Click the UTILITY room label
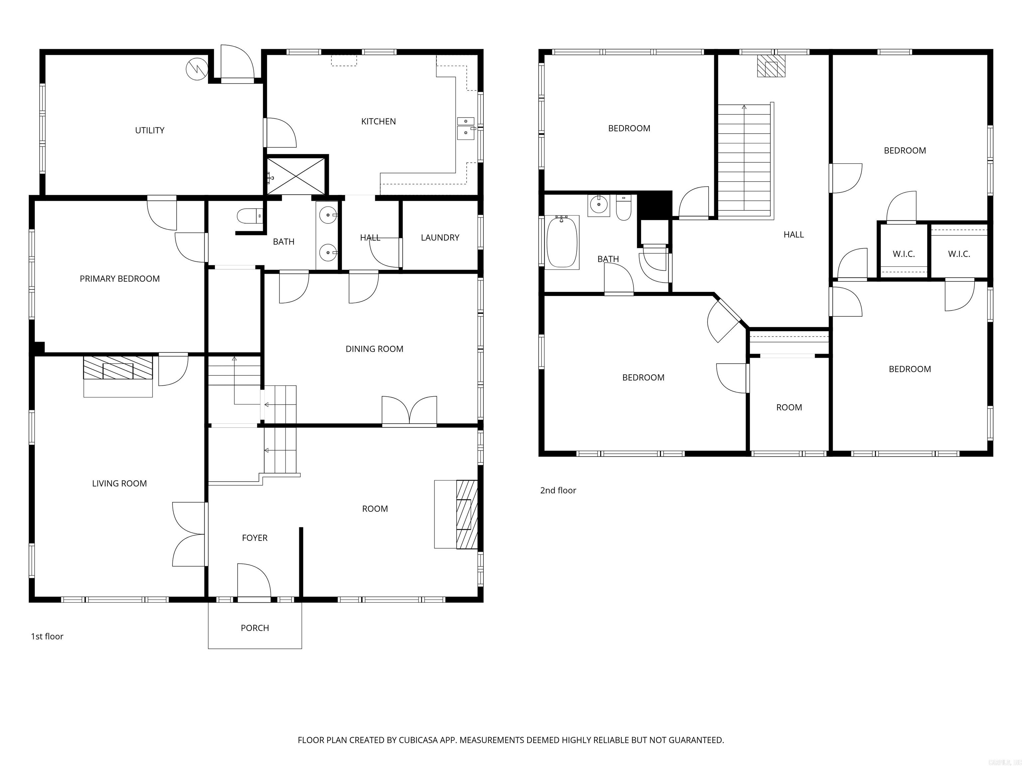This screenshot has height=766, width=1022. [x=149, y=130]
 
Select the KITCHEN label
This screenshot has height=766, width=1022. [x=378, y=121]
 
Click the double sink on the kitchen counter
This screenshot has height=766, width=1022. [x=466, y=128]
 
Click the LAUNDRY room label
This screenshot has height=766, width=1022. [x=439, y=237]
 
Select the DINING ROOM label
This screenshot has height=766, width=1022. [x=374, y=349]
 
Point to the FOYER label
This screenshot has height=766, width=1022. [x=255, y=538]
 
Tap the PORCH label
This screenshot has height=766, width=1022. [x=255, y=628]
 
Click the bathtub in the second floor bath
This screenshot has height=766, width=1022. [x=562, y=242]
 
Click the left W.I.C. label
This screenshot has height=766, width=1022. [x=903, y=254]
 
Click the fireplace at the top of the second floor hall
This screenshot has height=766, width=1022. [x=770, y=67]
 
